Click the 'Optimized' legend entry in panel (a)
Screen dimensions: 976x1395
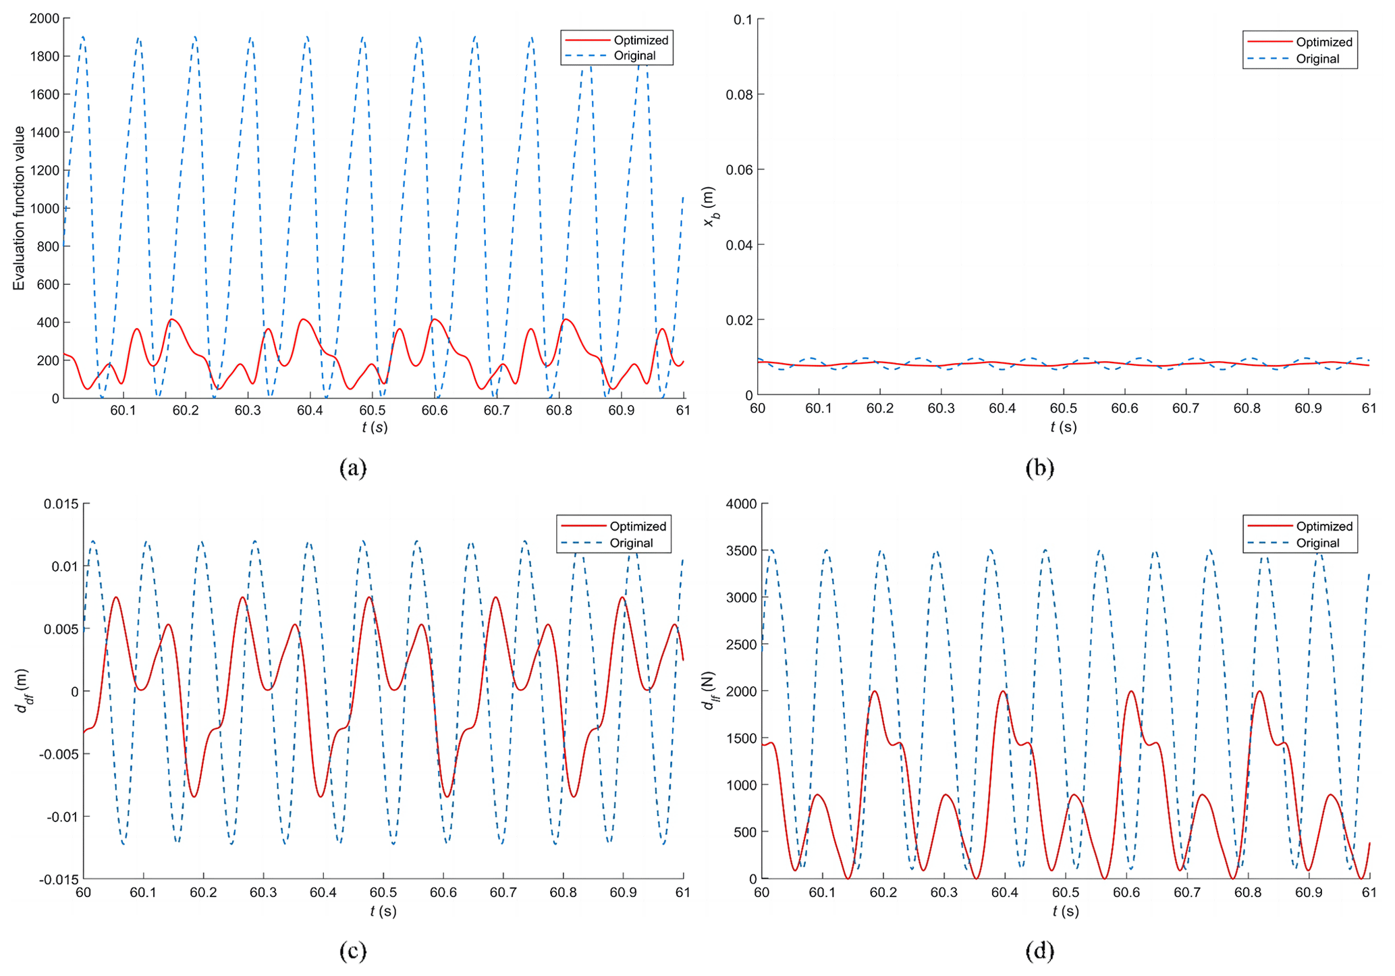[640, 40]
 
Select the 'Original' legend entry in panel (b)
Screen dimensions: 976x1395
[1317, 59]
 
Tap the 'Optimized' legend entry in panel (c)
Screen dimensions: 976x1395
[637, 526]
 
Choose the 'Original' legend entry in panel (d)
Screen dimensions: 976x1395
[1317, 543]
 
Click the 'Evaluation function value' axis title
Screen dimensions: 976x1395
[19, 208]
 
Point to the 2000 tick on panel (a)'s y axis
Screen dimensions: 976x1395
[45, 18]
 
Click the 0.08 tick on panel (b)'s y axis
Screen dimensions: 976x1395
[740, 94]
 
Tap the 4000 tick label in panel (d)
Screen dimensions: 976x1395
[741, 504]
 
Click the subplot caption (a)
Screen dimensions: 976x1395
[353, 468]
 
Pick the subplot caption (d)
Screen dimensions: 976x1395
[1039, 951]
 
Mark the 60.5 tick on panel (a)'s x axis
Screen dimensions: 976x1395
[372, 410]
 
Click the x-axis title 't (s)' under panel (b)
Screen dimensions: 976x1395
[1063, 427]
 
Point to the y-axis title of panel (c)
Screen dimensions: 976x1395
[22, 690]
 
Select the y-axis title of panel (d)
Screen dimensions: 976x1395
[709, 690]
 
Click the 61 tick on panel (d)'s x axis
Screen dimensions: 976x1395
[1368, 892]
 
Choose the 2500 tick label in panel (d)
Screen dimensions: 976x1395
[741, 645]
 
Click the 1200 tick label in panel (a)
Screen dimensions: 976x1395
[45, 170]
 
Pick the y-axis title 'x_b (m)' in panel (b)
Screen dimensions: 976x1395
[709, 207]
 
